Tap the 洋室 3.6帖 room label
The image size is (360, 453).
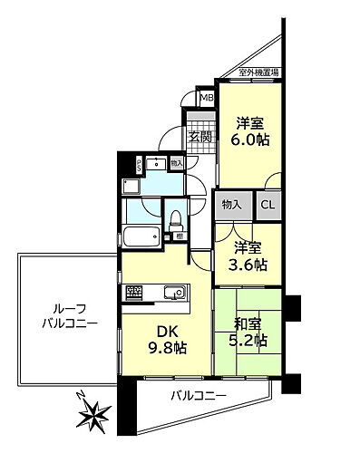[248, 255]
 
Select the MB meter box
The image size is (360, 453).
[206, 98]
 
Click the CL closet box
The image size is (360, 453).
[268, 205]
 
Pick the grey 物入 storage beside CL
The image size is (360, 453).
[232, 205]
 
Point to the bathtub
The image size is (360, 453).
[141, 240]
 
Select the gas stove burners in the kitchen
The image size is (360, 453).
[134, 292]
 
